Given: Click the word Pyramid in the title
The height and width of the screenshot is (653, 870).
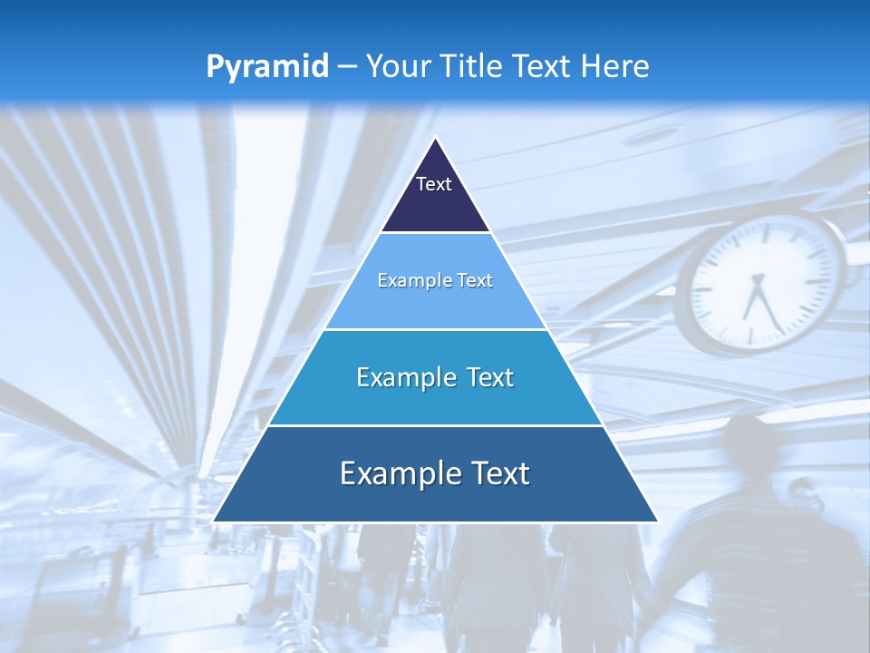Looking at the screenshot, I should click(266, 67).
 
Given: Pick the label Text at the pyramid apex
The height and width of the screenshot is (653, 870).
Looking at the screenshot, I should click(434, 184).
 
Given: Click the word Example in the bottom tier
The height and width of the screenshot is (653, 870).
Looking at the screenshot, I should click(392, 473).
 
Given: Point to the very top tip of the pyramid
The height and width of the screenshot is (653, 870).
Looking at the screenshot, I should click(436, 139).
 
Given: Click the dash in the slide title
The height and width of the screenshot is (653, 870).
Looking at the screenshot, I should click(347, 67).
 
